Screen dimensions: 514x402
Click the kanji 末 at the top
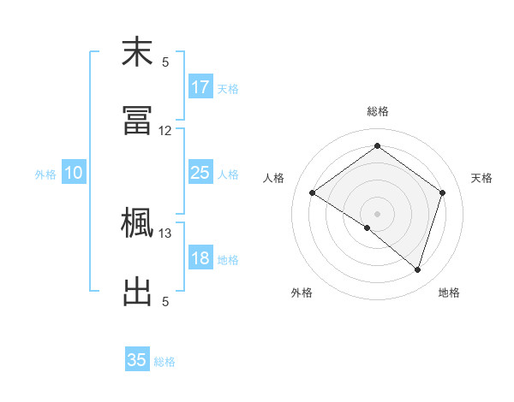(x=137, y=53)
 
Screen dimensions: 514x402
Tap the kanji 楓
(x=137, y=224)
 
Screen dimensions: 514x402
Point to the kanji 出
(x=137, y=291)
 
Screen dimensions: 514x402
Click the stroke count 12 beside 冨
(x=165, y=131)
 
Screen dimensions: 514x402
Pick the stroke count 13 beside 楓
(x=165, y=234)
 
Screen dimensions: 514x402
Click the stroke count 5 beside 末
(x=165, y=62)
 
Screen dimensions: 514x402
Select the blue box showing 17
(x=200, y=87)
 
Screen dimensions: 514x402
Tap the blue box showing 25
(x=200, y=173)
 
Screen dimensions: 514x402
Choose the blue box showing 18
(x=200, y=258)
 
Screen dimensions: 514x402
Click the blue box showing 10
(x=74, y=173)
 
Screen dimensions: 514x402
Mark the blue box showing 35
(x=137, y=360)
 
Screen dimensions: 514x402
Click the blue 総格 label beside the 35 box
(x=164, y=362)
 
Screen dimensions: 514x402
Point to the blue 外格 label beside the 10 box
(x=45, y=174)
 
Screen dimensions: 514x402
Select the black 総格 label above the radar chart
(x=377, y=112)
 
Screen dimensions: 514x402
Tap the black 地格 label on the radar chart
(x=449, y=293)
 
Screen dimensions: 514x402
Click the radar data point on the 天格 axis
(x=442, y=192)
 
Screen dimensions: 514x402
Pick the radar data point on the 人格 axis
(x=313, y=192)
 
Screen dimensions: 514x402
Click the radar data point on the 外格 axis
(x=368, y=228)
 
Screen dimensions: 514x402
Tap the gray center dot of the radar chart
(x=377, y=213)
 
